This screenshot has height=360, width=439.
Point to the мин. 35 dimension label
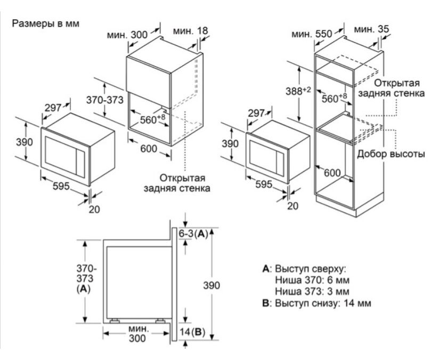[371, 28]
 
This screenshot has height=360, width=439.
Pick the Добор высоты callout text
[391, 154]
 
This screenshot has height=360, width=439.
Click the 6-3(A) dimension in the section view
[192, 234]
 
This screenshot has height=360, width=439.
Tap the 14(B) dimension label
[192, 332]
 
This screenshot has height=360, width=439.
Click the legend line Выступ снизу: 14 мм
[316, 303]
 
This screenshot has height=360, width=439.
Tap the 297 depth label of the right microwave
[257, 113]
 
